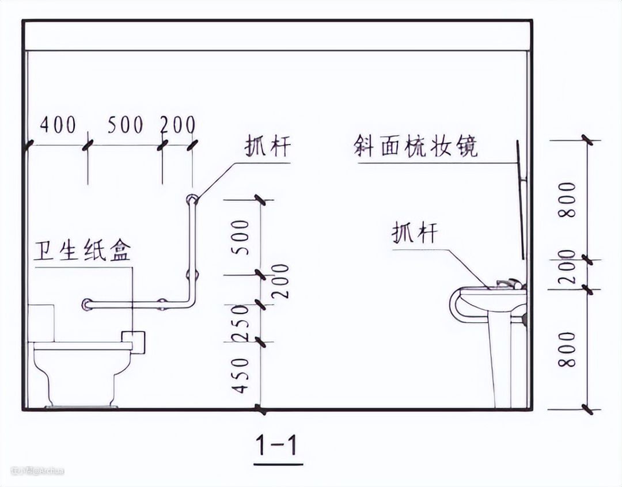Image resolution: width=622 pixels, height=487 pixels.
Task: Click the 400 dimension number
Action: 58,124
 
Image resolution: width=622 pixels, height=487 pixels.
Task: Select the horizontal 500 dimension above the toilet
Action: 126,124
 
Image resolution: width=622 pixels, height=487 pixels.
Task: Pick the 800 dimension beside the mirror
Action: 568,199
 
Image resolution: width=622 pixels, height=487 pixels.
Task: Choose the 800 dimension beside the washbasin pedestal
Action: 568,349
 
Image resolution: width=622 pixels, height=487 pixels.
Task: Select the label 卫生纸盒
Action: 83,252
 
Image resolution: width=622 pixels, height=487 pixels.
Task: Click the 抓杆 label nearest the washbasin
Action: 415,234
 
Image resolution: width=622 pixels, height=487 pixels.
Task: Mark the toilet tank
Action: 41,322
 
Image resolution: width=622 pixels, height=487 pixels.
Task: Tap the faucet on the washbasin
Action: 506,283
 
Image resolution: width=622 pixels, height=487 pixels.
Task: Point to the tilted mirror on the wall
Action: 521,201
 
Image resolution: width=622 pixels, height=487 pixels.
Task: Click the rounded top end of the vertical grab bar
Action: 191,200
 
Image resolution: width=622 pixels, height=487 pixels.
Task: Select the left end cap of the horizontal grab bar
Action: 87,303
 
